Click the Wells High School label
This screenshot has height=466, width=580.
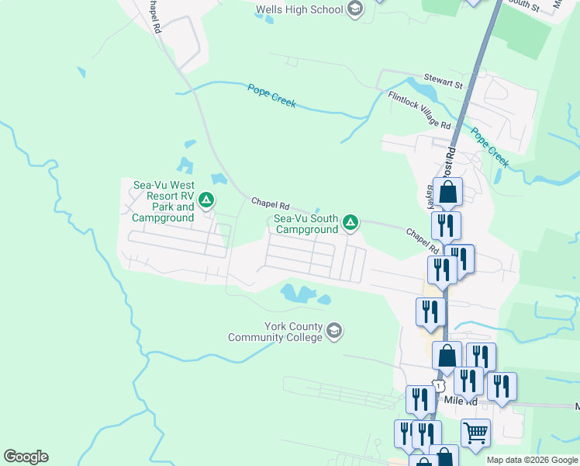pos(299,9)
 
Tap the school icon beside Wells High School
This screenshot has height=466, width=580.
pos(355,9)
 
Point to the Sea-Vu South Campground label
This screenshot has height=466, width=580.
pos(306,224)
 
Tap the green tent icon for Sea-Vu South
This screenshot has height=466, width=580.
pos(350,224)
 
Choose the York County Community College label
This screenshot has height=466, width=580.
pos(274,332)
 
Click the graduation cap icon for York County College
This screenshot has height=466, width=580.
pos(334,332)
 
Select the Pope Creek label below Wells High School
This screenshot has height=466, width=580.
pos(271,96)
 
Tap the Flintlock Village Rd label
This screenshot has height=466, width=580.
pos(419,110)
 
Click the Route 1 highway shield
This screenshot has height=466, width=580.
pos(440,386)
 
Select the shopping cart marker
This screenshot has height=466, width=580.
pos(475,432)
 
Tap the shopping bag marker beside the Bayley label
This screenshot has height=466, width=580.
pos(448,191)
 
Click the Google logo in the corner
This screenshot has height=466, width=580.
pos(26,457)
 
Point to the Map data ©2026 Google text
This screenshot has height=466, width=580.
pos(533,460)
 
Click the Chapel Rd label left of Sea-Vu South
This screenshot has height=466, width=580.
pos(270,204)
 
